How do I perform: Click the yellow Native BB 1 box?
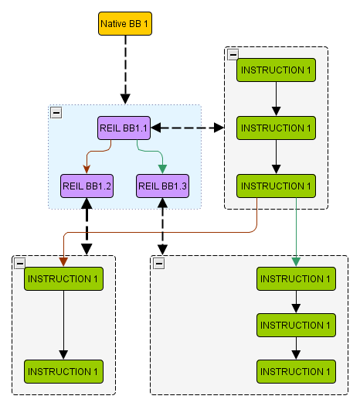coord(125,23)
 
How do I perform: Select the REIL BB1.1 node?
coord(124,128)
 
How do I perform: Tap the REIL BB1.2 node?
coord(87,186)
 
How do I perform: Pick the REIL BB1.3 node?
coord(162,186)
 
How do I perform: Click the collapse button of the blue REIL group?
coord(56,113)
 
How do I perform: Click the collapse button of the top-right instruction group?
coord(233,55)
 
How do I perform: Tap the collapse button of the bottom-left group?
coord(20,264)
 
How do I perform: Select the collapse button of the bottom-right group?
coord(159,264)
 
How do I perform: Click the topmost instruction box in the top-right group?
coord(276,70)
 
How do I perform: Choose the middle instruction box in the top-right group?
coord(276,128)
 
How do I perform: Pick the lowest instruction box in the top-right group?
coord(276,186)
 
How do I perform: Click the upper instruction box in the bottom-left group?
coord(63,279)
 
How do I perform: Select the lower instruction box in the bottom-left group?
coord(63,371)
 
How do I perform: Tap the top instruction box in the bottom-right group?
coord(296,279)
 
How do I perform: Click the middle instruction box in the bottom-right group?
coord(296,326)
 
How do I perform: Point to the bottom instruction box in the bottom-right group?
coord(296,371)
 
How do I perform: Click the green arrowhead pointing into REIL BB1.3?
coord(162,169)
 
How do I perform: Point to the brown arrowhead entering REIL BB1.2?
coord(87,169)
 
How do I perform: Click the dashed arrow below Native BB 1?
coord(125,70)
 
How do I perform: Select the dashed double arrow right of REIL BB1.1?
coord(188,128)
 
